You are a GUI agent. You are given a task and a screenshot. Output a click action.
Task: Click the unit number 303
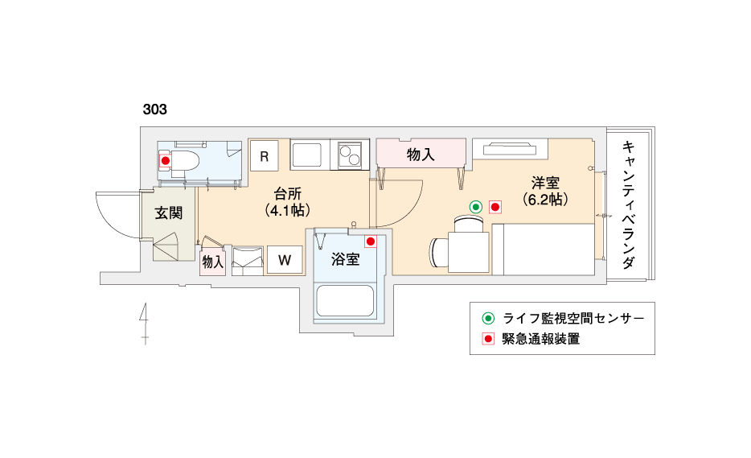[154, 109]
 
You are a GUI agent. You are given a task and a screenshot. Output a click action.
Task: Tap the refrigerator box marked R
[264, 156]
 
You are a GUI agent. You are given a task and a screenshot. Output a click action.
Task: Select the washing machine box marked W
[285, 260]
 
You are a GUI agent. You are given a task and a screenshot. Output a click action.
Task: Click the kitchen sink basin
[307, 155]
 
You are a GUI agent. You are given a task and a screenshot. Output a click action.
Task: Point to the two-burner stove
[350, 155]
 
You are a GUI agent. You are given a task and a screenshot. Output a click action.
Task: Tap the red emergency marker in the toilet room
[166, 161]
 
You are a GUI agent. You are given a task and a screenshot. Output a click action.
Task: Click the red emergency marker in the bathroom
[370, 241]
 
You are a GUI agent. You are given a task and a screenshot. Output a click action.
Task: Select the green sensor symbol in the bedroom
[475, 207]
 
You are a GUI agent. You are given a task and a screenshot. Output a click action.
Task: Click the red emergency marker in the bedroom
[495, 207]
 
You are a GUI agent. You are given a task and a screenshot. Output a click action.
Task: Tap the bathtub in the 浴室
[345, 301]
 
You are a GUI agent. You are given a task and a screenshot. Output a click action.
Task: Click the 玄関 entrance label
[169, 213]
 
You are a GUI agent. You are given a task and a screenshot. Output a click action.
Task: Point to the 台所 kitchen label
[287, 194]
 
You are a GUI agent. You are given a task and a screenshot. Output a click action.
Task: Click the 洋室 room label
[545, 183]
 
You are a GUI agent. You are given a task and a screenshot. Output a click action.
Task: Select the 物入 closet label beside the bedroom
[421, 155]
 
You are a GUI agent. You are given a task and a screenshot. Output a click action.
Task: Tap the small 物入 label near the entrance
[212, 262]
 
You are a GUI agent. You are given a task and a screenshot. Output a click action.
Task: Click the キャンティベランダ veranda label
[629, 204]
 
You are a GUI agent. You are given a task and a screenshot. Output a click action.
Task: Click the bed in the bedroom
[544, 250]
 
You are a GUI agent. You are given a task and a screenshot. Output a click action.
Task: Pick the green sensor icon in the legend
[488, 318]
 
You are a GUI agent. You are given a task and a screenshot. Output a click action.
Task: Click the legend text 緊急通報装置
[541, 339]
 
